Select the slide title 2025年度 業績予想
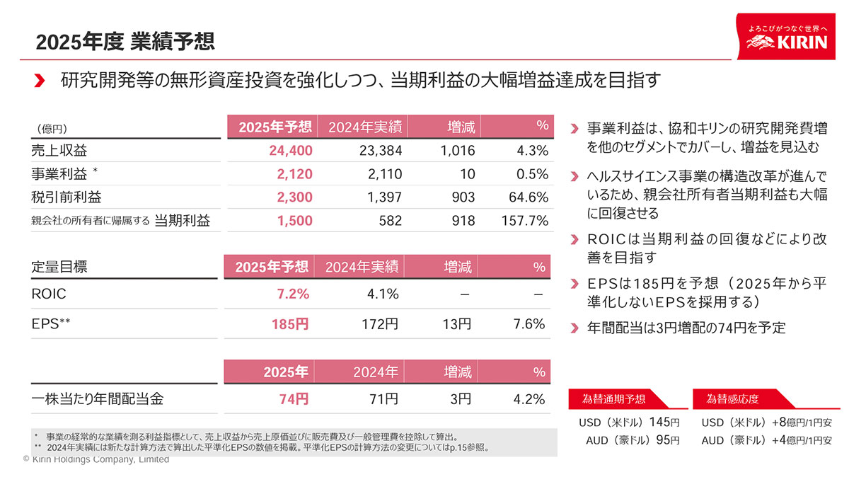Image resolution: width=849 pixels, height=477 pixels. point(125,42)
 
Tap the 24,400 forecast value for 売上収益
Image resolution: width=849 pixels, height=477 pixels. point(291,151)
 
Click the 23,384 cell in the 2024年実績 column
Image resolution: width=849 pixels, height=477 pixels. point(379,151)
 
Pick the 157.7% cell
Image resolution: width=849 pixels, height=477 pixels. point(524,221)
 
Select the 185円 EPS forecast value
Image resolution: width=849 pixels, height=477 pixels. point(290,325)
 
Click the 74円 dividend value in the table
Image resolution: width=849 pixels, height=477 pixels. point(294,399)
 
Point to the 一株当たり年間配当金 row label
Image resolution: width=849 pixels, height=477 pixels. point(98,399)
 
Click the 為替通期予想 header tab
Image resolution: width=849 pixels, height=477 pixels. point(613,399)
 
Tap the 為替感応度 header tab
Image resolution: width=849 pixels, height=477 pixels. point(733,399)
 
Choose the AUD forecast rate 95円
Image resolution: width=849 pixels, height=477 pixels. point(668,440)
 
